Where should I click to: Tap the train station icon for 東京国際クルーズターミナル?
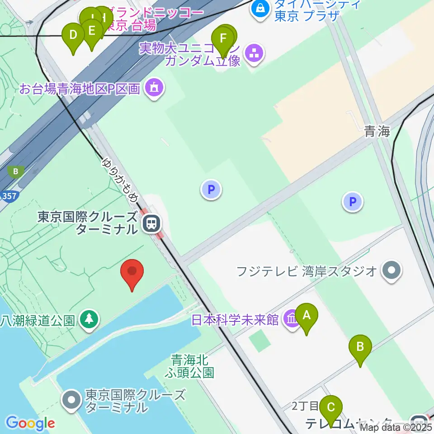point(151,223)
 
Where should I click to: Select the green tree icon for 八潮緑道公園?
point(89,319)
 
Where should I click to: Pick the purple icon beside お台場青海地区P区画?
point(154,87)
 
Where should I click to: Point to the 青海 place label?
point(377,132)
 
